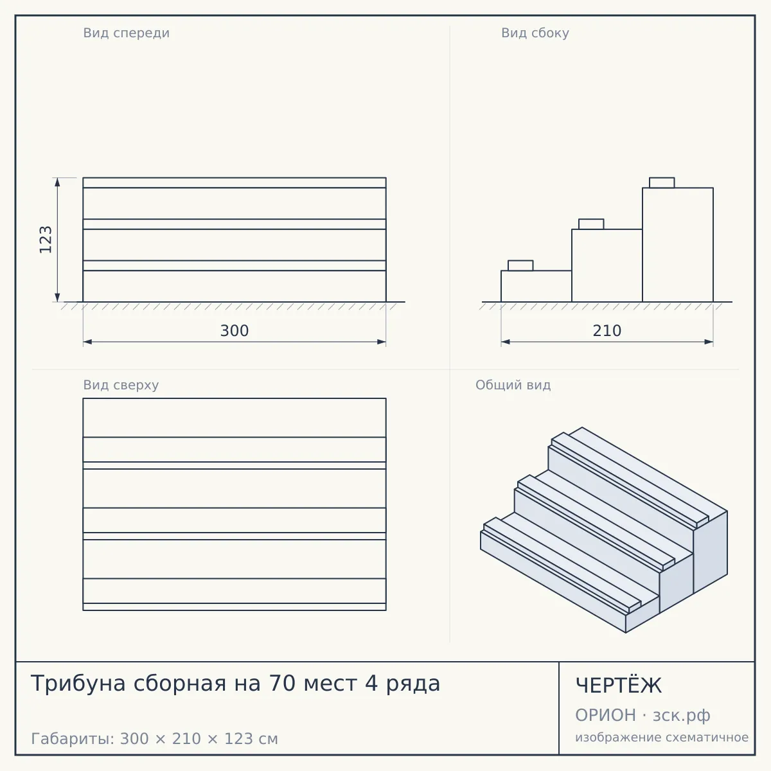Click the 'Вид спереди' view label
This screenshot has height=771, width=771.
click(127, 33)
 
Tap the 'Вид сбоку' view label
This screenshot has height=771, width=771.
click(535, 33)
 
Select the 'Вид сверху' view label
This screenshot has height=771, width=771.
click(121, 385)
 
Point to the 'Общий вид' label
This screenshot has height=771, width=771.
click(513, 385)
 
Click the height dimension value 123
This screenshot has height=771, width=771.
click(46, 240)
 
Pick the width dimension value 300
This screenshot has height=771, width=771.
click(235, 331)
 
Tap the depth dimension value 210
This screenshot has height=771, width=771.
click(607, 331)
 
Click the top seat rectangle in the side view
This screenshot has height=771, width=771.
click(662, 183)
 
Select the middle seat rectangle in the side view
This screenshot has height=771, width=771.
click(591, 224)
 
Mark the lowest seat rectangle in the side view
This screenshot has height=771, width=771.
click(520, 265)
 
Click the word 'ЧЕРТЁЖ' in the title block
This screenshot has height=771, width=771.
click(619, 686)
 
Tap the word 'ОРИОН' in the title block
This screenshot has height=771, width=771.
click(605, 715)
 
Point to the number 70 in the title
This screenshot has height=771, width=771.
click(283, 684)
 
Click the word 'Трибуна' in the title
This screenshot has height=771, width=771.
click(78, 684)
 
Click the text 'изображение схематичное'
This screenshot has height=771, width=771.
click(662, 738)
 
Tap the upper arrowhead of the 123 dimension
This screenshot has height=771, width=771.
click(57, 182)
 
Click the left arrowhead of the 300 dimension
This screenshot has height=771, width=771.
click(87, 342)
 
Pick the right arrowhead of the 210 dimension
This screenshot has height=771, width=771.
click(709, 342)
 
